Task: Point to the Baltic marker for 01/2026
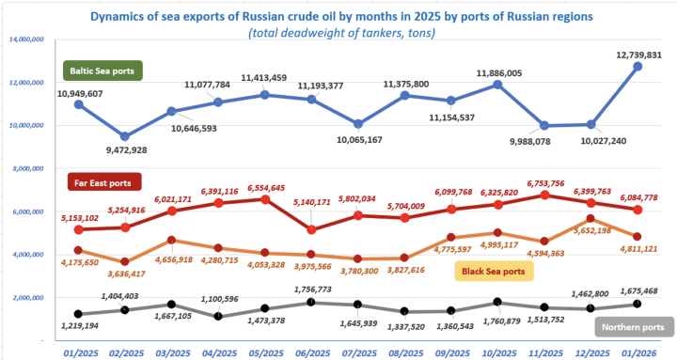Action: click(638, 67)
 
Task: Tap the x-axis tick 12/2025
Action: click(586, 351)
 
